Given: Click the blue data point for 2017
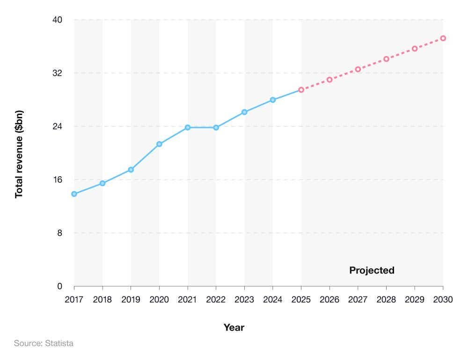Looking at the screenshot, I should (x=74, y=194).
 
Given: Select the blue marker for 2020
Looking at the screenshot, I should (x=159, y=144).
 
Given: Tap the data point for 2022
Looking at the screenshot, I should (x=216, y=128).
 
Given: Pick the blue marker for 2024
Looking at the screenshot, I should (x=273, y=100).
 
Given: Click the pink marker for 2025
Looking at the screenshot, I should (x=301, y=90).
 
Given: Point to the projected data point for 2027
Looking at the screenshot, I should (x=358, y=69).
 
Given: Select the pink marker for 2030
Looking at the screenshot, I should (x=443, y=38).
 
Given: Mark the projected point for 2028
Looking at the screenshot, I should (x=387, y=59).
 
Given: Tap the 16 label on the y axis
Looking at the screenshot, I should (x=57, y=180).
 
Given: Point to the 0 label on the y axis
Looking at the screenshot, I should (x=59, y=287).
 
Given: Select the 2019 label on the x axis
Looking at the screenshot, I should (x=131, y=300).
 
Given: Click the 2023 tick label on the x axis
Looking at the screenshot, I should (x=244, y=300).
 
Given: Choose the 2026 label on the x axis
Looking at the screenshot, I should (x=329, y=300).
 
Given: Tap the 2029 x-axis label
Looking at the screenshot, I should (x=415, y=300).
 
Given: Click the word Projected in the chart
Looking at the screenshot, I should (x=372, y=271).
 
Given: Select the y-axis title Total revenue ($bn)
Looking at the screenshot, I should (x=19, y=154).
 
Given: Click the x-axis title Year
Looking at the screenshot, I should (x=234, y=328).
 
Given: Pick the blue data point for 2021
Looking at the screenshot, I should (x=188, y=128).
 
